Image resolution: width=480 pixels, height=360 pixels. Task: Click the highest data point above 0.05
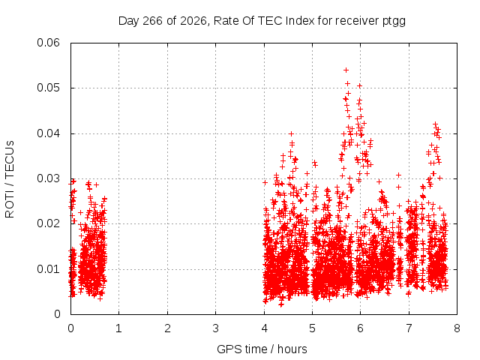pyautogui.click(x=346, y=70)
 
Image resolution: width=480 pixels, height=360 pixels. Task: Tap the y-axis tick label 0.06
pyautogui.click(x=48, y=43)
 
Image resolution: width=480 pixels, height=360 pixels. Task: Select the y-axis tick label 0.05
pyautogui.click(x=48, y=88)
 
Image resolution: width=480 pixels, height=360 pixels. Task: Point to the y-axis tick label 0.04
pyautogui.click(x=48, y=133)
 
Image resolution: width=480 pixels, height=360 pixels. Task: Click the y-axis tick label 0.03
pyautogui.click(x=48, y=178)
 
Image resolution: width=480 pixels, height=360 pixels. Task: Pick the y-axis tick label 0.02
pyautogui.click(x=48, y=223)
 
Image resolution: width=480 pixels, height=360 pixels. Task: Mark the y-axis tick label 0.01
pyautogui.click(x=48, y=269)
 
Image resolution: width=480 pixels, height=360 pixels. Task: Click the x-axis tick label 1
pyautogui.click(x=118, y=328)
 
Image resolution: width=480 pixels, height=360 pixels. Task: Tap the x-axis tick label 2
pyautogui.click(x=167, y=328)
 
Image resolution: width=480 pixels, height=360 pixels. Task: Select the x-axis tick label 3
pyautogui.click(x=215, y=328)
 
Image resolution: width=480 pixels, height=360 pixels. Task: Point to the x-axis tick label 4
pyautogui.click(x=264, y=328)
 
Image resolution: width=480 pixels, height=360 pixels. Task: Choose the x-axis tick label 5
pyautogui.click(x=312, y=328)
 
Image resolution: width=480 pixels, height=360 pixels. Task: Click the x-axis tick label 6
pyautogui.click(x=360, y=328)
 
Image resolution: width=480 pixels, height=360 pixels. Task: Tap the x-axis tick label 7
pyautogui.click(x=409, y=328)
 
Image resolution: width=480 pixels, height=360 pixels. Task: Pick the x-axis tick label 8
pyautogui.click(x=457, y=328)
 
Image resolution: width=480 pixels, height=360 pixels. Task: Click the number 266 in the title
pyautogui.click(x=152, y=21)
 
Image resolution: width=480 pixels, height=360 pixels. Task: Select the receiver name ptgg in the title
pyautogui.click(x=394, y=22)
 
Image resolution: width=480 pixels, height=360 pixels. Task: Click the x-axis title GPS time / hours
pyautogui.click(x=262, y=349)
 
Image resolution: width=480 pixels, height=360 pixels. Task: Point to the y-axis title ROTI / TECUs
pyautogui.click(x=10, y=179)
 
